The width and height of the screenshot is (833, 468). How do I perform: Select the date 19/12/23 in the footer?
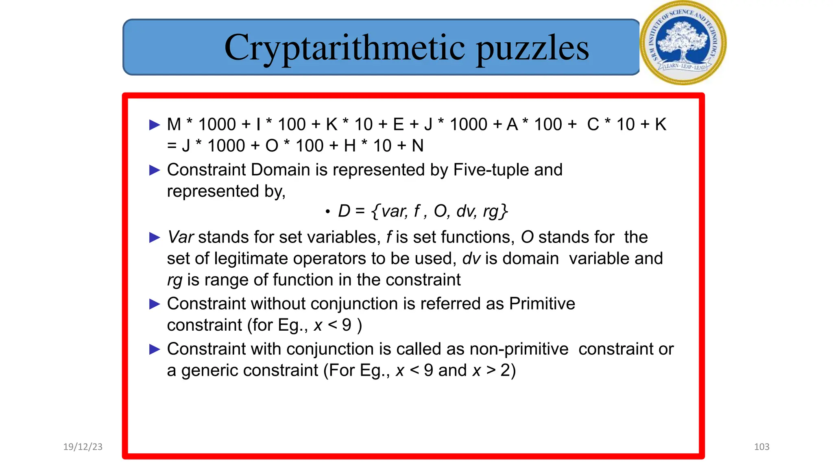[x=83, y=447]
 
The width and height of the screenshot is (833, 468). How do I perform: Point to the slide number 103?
[x=761, y=447]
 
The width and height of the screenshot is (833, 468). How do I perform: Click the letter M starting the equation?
[x=174, y=124]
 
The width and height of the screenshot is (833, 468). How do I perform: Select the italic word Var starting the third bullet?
[x=181, y=237]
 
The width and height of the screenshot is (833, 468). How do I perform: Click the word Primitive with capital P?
[x=542, y=304]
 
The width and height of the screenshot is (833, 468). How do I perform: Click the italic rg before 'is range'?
[x=174, y=280]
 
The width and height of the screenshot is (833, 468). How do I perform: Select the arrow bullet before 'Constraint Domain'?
[x=155, y=170]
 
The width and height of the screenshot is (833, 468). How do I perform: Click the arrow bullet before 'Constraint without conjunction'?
[x=155, y=304]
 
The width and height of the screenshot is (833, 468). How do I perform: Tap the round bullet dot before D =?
[x=327, y=212]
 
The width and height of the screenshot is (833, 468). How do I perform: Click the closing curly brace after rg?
[x=504, y=211]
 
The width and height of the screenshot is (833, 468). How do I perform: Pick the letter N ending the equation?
[x=418, y=146]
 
